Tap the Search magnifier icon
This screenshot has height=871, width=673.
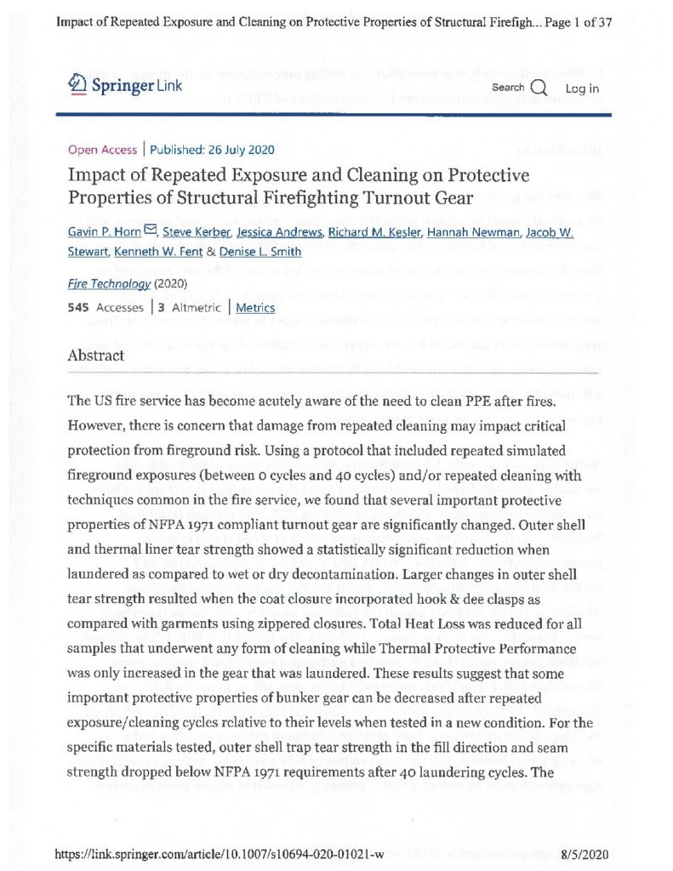pyautogui.click(x=538, y=88)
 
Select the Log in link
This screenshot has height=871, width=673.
pyautogui.click(x=582, y=88)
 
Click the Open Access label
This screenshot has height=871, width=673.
pyautogui.click(x=102, y=150)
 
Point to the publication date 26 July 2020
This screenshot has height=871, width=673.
pyautogui.click(x=231, y=150)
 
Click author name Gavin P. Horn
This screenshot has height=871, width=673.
pyautogui.click(x=104, y=233)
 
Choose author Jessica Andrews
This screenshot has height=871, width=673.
pyautogui.click(x=277, y=233)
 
